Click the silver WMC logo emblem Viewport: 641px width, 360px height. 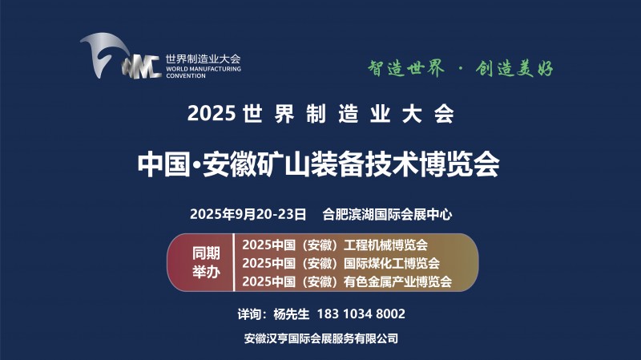pyautogui.click(x=121, y=56)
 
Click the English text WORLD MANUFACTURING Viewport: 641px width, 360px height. pyautogui.click(x=204, y=69)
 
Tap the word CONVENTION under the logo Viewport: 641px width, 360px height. pyautogui.click(x=186, y=75)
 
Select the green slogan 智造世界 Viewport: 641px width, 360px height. pyautogui.click(x=406, y=68)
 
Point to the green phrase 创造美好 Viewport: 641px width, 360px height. pyautogui.click(x=514, y=68)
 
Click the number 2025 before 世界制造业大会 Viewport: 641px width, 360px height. pyautogui.click(x=212, y=113)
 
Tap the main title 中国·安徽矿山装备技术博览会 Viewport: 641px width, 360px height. pyautogui.click(x=318, y=164)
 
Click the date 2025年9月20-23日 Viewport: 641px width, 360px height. pyautogui.click(x=248, y=214)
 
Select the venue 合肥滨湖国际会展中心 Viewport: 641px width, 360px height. pyautogui.click(x=387, y=214)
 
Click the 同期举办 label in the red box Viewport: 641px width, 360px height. pyautogui.click(x=207, y=263)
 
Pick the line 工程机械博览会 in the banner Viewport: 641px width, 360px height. pyautogui.click(x=335, y=245)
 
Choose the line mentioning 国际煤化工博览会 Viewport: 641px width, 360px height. pyautogui.click(x=341, y=263)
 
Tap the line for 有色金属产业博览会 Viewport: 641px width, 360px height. pyautogui.click(x=347, y=281)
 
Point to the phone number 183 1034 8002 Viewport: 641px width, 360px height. pyautogui.click(x=361, y=313)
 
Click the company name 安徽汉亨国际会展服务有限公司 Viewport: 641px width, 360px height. pyautogui.click(x=321, y=338)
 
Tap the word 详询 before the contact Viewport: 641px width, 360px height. pyautogui.click(x=249, y=313)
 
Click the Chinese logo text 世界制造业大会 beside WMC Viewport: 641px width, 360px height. pyautogui.click(x=204, y=59)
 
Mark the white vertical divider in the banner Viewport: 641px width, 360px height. pyautogui.click(x=234, y=263)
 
